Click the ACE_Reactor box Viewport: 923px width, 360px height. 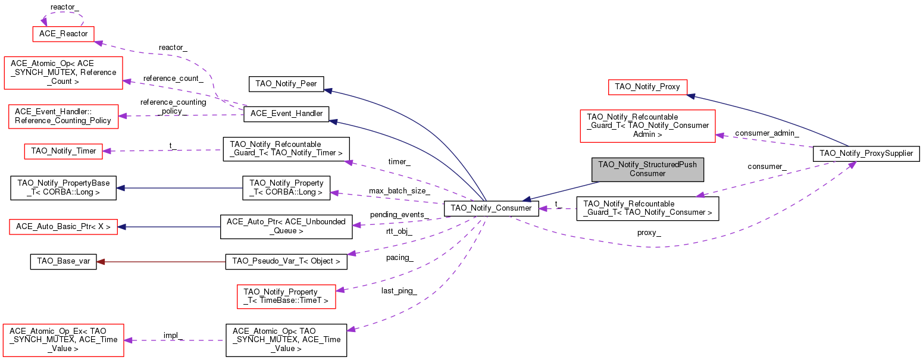(64, 34)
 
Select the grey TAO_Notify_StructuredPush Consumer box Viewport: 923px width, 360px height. (647, 170)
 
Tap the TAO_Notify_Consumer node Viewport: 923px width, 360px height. (491, 208)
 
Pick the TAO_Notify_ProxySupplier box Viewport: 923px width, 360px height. (866, 154)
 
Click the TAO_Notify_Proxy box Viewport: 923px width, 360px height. (647, 87)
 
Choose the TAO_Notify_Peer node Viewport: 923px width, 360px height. (286, 84)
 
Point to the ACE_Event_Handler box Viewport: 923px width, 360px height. (286, 114)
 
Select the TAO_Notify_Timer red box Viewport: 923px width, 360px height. (64, 151)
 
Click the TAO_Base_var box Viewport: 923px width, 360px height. (64, 262)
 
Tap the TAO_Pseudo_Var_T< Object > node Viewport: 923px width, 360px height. (286, 262)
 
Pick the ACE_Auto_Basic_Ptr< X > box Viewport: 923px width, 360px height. (64, 227)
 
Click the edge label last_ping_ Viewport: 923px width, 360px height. (399, 291)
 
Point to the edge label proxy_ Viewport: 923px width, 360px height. (649, 233)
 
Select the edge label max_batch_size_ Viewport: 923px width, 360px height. (399, 191)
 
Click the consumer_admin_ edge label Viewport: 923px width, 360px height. (767, 133)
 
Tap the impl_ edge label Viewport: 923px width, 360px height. (173, 335)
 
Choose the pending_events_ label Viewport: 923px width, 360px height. (399, 215)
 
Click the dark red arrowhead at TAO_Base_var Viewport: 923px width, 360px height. (101, 262)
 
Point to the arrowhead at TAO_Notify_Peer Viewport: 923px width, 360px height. (328, 90)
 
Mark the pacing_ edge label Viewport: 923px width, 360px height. (399, 258)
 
